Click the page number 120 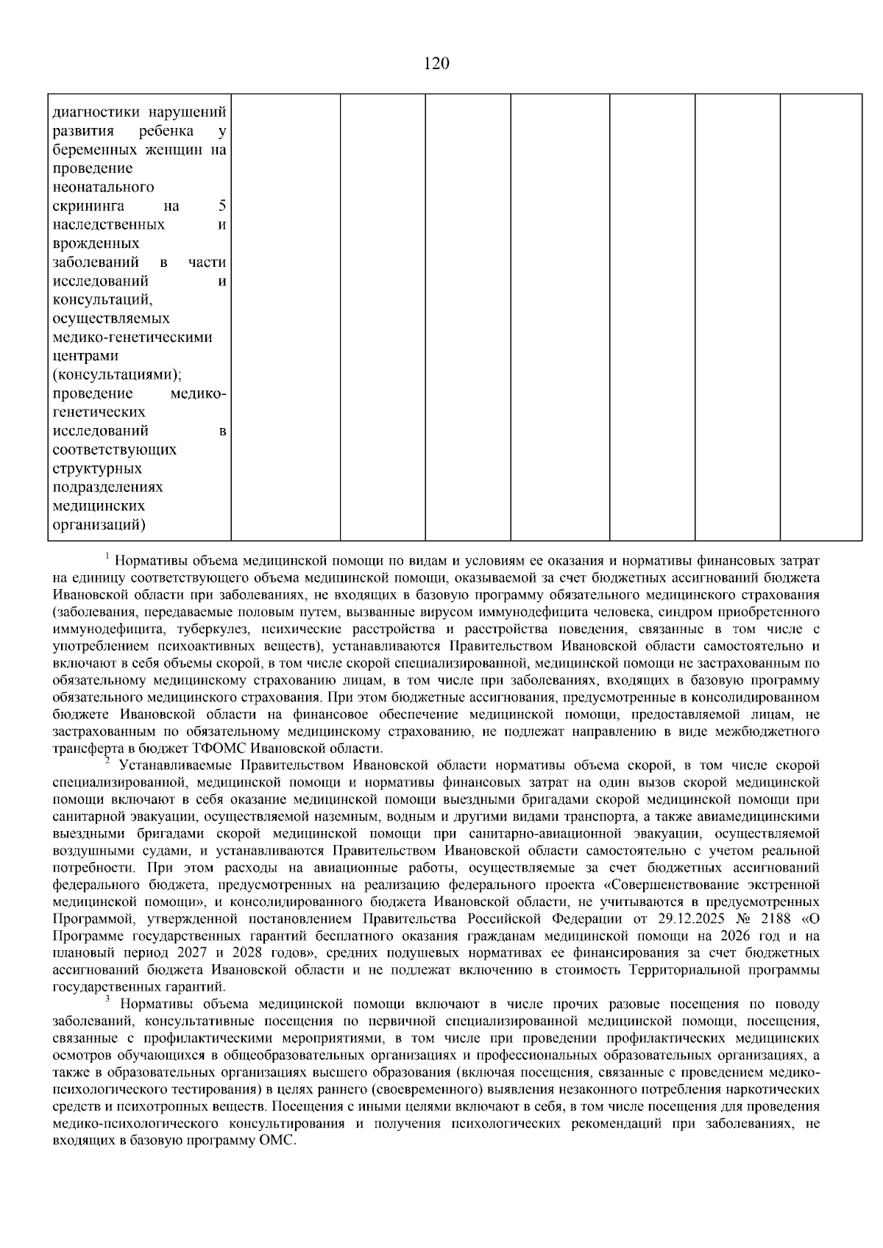pos(436,64)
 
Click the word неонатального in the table pos(104,188)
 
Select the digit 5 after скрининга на pos(222,206)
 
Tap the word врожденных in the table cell pos(96,243)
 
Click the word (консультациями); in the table pos(118,375)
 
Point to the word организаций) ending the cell pos(99,525)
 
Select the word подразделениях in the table pos(108,488)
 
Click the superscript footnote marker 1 pos(107,555)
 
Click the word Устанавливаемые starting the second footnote pos(173,766)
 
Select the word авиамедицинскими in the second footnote pos(759,816)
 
